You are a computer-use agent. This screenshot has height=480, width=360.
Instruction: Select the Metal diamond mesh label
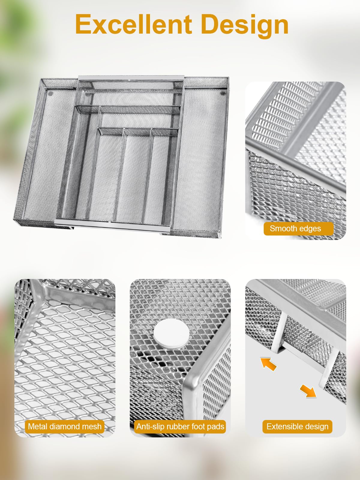tap(64, 426)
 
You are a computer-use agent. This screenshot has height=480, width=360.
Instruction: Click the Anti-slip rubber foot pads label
tap(180, 426)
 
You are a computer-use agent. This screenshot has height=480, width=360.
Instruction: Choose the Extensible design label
tap(297, 426)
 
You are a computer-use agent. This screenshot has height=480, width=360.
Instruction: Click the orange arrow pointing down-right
tap(308, 391)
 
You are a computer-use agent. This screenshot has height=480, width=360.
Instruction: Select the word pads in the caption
tap(216, 426)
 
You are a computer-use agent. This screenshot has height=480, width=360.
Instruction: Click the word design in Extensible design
tap(317, 427)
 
